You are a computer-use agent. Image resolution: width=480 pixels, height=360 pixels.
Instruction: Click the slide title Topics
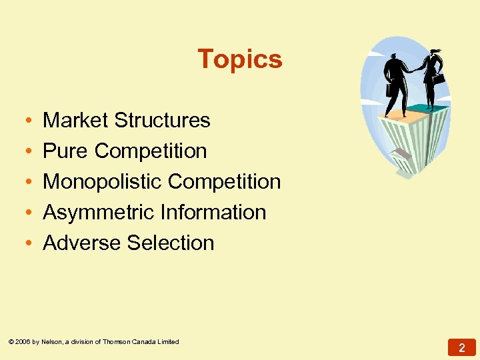(x=240, y=59)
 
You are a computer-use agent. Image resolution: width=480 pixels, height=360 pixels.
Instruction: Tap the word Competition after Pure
(x=151, y=151)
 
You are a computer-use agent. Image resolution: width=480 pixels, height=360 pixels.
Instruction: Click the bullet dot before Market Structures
(x=24, y=121)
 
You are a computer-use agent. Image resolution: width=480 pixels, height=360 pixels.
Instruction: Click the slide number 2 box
(x=461, y=347)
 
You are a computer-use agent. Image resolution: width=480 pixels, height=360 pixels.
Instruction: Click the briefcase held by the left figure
(x=389, y=89)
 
